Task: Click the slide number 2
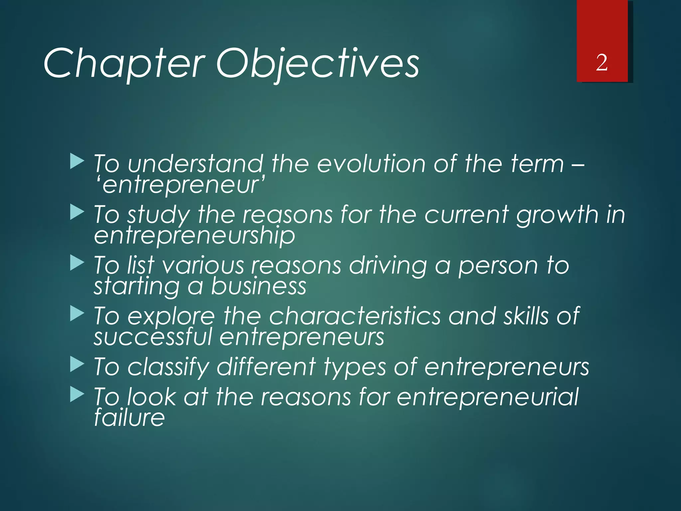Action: tap(602, 63)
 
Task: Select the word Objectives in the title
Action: tap(318, 63)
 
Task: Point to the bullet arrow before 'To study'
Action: tap(77, 212)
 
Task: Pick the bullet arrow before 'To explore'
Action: tap(77, 314)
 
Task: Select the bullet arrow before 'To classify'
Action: tap(77, 365)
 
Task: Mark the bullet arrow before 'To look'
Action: tap(77, 395)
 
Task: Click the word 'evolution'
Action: tap(371, 164)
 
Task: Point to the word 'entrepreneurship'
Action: tap(195, 236)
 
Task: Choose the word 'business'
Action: tap(258, 286)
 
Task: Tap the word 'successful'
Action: tap(153, 337)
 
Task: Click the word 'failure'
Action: tap(129, 418)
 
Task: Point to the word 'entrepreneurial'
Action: tap(487, 398)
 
